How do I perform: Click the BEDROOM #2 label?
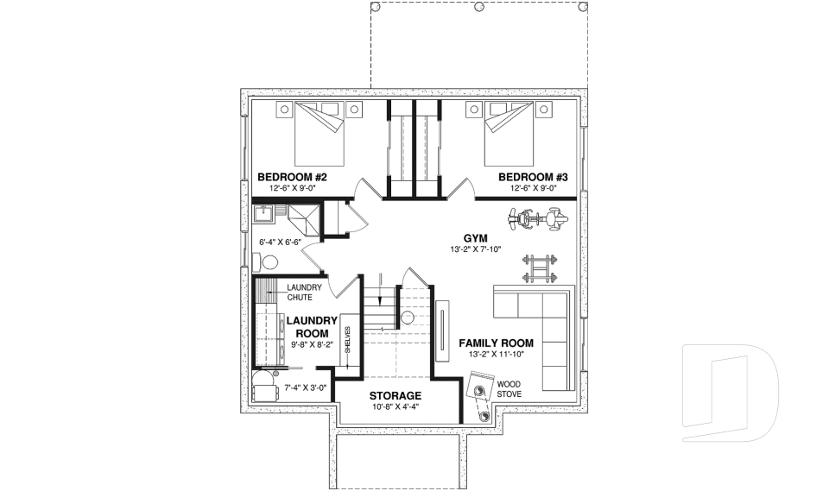coord(292,177)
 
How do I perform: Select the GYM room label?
coord(476,237)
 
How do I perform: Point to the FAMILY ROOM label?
coord(496,343)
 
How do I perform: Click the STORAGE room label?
coord(396,395)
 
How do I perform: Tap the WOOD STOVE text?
coord(509,388)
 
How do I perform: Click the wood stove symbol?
coord(479,398)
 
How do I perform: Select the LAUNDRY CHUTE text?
coord(304,292)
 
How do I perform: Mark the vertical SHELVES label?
coord(347,343)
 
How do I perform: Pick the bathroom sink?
coord(265,213)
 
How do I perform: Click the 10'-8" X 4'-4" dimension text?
coord(396,406)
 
